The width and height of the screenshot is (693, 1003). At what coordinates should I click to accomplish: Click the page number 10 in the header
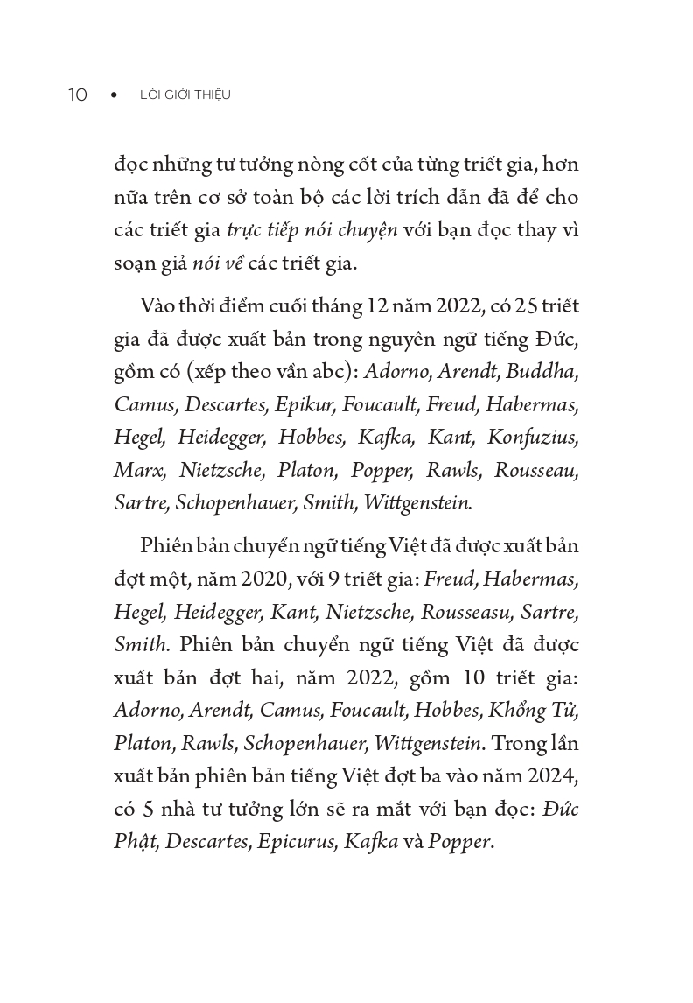(78, 95)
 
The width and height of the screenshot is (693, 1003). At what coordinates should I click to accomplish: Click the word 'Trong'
(522, 744)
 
